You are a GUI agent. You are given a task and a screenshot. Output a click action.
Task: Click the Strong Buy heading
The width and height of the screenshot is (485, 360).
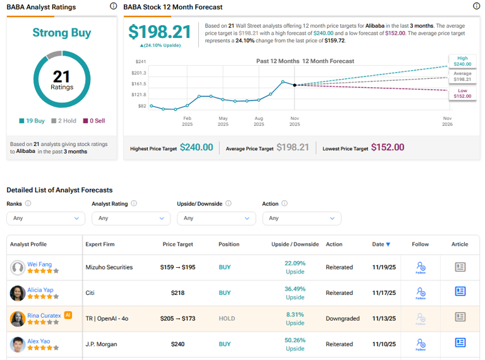coord(62,33)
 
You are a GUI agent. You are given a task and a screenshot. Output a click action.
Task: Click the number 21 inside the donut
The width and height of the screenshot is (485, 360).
coord(62,76)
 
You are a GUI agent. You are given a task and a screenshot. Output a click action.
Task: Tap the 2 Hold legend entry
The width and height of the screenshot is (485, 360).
coord(64,120)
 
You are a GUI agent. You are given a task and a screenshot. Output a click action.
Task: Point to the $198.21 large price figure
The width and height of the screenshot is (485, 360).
coord(159,32)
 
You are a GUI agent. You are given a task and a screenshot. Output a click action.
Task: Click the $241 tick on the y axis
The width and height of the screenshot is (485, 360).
coord(141,61)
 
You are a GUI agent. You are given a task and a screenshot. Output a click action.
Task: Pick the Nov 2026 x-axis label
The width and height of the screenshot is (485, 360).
coord(447,121)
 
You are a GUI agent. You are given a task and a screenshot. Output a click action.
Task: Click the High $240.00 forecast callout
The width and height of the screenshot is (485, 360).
coord(462,61)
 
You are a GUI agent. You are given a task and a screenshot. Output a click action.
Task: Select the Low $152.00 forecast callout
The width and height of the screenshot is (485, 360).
coord(462,94)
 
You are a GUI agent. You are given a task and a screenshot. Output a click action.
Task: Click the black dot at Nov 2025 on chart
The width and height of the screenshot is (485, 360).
coord(295,85)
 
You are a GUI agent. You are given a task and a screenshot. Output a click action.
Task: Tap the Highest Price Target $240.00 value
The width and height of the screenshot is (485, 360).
coord(196,147)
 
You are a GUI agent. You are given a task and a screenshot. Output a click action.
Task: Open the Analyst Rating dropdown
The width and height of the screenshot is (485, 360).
coord(131,218)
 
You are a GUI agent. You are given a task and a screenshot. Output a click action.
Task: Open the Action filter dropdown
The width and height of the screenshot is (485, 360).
coord(301,218)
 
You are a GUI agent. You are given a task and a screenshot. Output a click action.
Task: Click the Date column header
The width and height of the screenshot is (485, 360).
coord(381,244)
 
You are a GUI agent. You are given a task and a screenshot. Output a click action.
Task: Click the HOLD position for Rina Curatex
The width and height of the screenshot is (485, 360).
coord(225,318)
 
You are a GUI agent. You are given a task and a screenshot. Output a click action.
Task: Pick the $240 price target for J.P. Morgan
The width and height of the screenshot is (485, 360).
coord(177,344)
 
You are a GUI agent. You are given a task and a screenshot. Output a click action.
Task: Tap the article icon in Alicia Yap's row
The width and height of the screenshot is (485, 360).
coord(460,291)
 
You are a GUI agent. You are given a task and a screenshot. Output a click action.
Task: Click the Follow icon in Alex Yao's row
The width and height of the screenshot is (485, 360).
coord(420,344)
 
